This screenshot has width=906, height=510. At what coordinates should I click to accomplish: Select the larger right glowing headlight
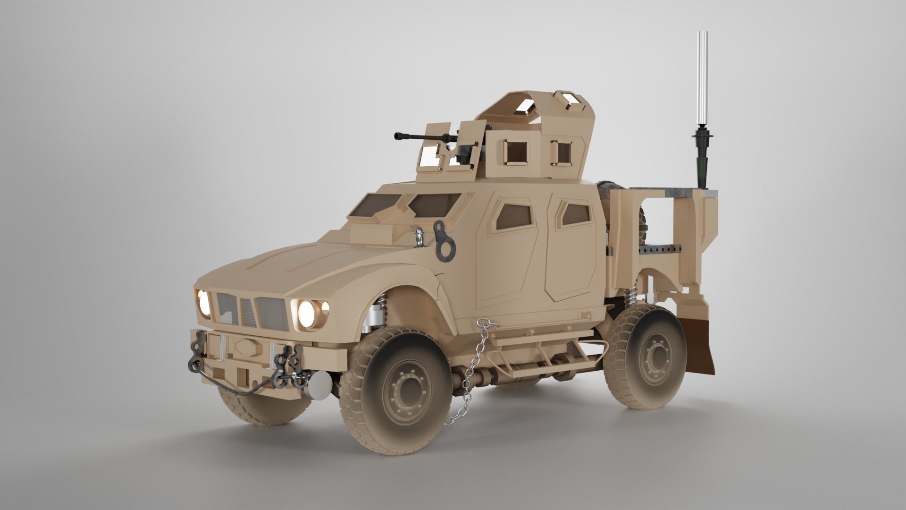click(308, 312)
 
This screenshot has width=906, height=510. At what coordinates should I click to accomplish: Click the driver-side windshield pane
click(433, 204)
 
